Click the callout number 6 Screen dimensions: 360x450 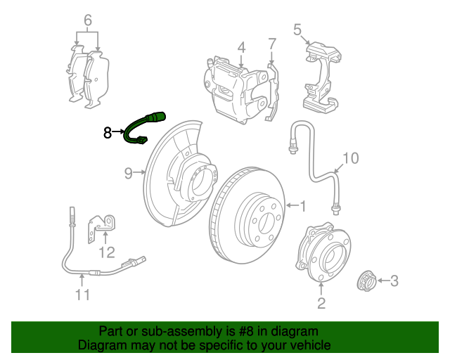click(88, 20)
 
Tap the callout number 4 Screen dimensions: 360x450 click(241, 48)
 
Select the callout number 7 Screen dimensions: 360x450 click(272, 44)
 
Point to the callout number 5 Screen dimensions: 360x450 click(297, 30)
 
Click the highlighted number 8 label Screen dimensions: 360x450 click(108, 132)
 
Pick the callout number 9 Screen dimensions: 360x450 click(129, 172)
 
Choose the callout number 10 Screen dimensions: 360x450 click(350, 157)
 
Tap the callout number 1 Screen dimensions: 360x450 click(303, 206)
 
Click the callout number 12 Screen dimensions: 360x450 click(106, 252)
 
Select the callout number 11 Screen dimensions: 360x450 click(83, 295)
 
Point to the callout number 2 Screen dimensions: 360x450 click(321, 303)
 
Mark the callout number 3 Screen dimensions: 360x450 click(394, 281)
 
